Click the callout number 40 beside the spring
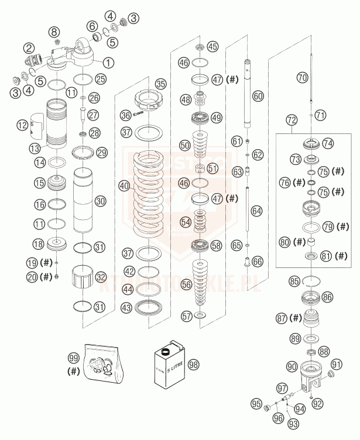(124, 186)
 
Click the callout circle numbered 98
(194, 364)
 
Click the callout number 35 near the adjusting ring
(160, 84)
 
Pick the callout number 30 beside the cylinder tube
(100, 201)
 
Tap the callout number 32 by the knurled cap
(101, 277)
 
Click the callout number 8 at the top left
(54, 31)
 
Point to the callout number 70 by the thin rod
(302, 77)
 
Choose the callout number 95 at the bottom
(256, 403)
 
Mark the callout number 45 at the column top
(211, 46)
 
